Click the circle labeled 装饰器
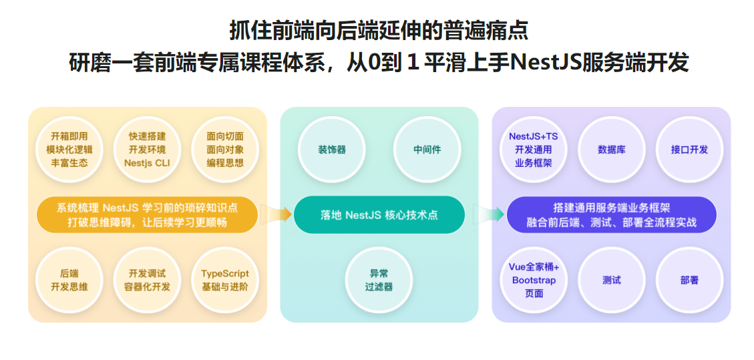pyautogui.click(x=332, y=150)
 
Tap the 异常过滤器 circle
pyautogui.click(x=379, y=280)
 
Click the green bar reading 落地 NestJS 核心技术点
pyautogui.click(x=379, y=215)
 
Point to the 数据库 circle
pyautogui.click(x=611, y=150)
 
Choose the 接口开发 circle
pyautogui.click(x=689, y=150)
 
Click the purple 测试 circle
pyautogui.click(x=611, y=280)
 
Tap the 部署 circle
pyautogui.click(x=689, y=280)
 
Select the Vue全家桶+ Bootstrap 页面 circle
pyautogui.click(x=534, y=280)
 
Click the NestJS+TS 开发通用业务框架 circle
pyautogui.click(x=534, y=150)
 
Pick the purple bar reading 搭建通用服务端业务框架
pyautogui.click(x=611, y=215)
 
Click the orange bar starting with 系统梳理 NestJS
pyautogui.click(x=147, y=215)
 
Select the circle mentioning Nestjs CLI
pyautogui.click(x=147, y=150)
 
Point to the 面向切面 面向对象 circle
pyautogui.click(x=225, y=150)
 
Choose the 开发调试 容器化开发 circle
pyautogui.click(x=147, y=280)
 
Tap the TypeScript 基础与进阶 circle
pyautogui.click(x=225, y=280)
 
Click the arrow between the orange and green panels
pyautogui.click(x=274, y=214)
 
